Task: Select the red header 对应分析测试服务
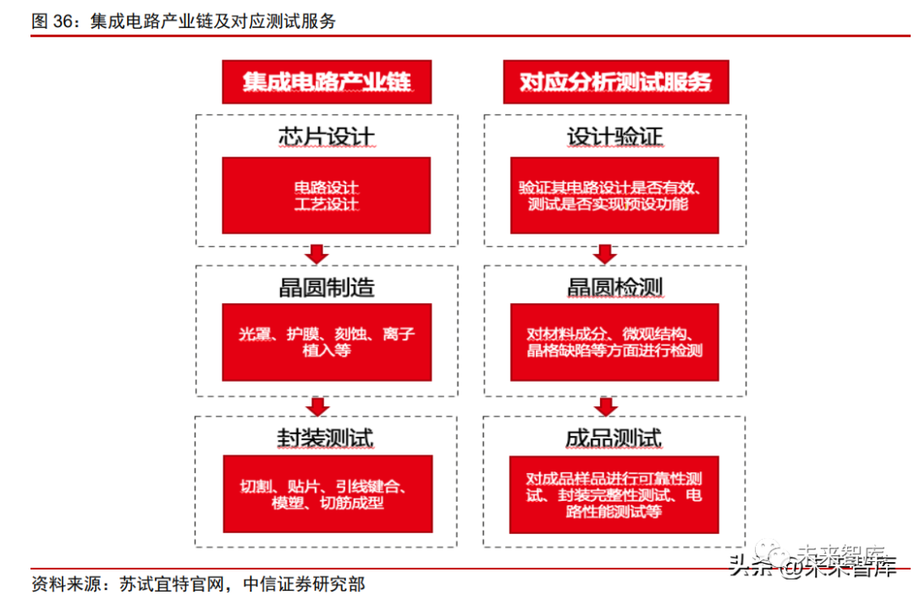(615, 82)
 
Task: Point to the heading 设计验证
(614, 136)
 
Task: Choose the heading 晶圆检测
(614, 288)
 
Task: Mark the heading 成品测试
(614, 438)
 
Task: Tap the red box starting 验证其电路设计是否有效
(614, 196)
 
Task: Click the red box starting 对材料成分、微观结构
(614, 342)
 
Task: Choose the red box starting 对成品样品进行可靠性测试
(614, 494)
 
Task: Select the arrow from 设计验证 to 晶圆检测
(604, 255)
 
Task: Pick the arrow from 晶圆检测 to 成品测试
(604, 406)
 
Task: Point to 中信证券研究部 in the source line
(304, 584)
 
